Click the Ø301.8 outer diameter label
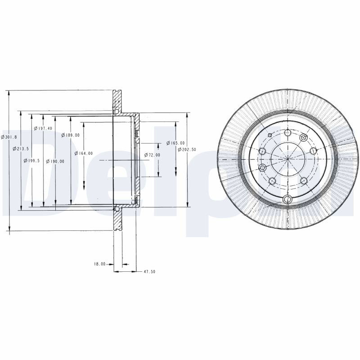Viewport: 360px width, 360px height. pyautogui.click(x=9, y=137)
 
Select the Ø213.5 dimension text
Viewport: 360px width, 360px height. pyautogui.click(x=21, y=148)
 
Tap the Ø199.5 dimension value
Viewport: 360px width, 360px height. pyautogui.click(x=31, y=161)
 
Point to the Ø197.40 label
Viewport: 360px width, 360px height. pyautogui.click(x=43, y=128)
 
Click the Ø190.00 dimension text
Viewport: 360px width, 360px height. pyautogui.click(x=55, y=162)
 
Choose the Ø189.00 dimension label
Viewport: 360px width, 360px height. pyautogui.click(x=71, y=135)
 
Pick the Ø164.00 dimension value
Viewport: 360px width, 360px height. pyautogui.click(x=84, y=153)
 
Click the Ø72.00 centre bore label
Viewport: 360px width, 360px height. pyautogui.click(x=152, y=155)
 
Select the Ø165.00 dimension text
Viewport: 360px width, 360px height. pyautogui.click(x=175, y=143)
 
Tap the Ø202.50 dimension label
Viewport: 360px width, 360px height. pyautogui.click(x=187, y=149)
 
